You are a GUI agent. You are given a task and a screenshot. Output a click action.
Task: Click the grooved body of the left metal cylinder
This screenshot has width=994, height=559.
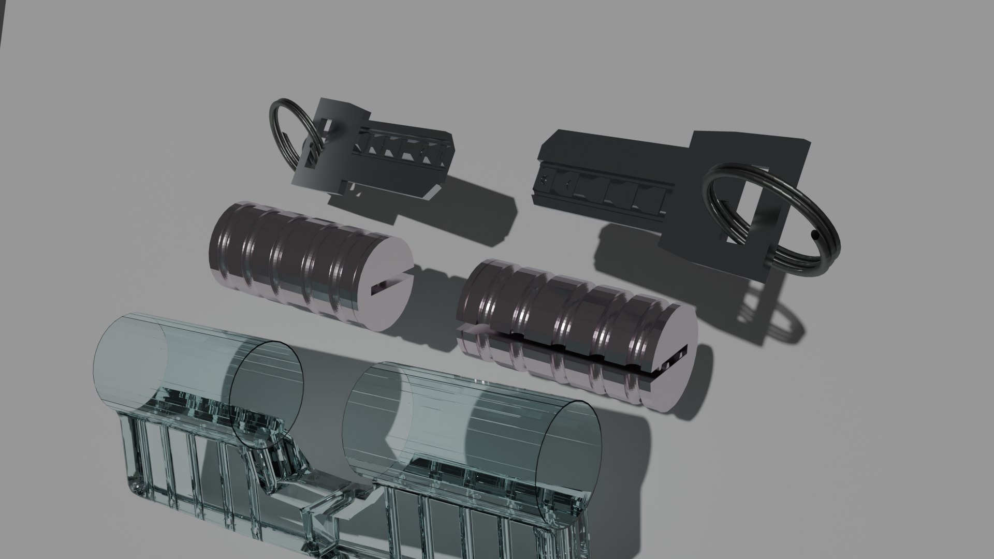click(290, 259)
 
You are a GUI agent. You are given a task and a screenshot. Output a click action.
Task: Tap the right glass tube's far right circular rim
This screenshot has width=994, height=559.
click(569, 455)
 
